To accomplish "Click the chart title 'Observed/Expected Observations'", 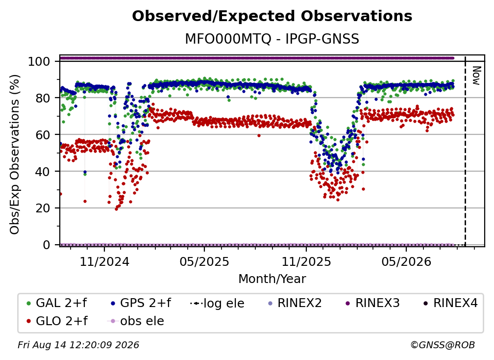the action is point(272,16).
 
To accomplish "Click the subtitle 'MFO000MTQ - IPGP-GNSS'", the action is point(272,39).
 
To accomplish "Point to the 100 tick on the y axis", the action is point(39,61).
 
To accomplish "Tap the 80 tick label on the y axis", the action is point(43,98).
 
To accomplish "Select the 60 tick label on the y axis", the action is point(43,134).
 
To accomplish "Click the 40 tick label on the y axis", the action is point(43,172).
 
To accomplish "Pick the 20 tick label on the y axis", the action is point(43,208).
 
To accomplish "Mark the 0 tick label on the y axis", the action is point(47,245).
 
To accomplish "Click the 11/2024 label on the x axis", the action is point(104,261).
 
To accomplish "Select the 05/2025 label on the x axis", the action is point(204,261).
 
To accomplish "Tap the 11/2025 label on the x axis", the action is point(306,261).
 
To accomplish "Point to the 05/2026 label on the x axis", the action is point(406,261).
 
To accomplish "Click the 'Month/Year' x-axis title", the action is point(272,279).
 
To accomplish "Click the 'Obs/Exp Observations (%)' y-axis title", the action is point(15,154).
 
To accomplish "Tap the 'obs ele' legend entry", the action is point(136,321).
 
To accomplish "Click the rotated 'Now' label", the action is point(476,76).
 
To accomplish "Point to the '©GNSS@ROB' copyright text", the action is point(443,345).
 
